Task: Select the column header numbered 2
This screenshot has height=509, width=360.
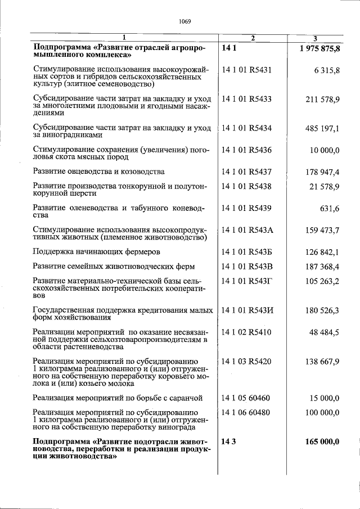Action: tap(253, 38)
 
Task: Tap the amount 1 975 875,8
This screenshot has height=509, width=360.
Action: tap(319, 49)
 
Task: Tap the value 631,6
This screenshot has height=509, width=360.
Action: tap(330, 209)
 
